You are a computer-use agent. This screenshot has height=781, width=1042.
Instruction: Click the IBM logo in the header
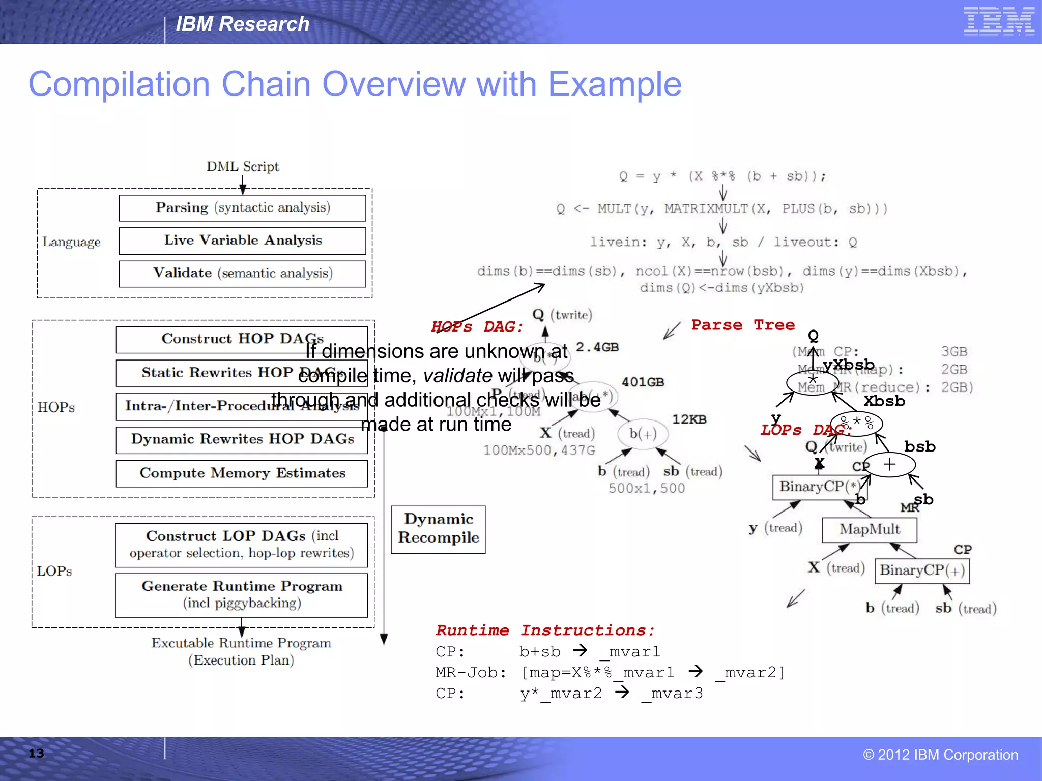pyautogui.click(x=998, y=21)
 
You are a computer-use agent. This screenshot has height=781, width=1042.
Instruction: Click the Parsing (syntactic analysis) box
pyautogui.click(x=242, y=208)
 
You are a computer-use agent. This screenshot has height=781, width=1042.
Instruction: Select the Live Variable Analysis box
pyautogui.click(x=242, y=241)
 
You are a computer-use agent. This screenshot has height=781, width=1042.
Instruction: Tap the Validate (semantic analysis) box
pyautogui.click(x=242, y=274)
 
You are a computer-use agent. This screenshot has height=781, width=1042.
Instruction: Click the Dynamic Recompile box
pyautogui.click(x=438, y=529)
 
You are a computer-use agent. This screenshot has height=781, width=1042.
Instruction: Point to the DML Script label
pyautogui.click(x=243, y=167)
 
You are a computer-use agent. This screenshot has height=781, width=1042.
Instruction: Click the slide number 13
pyautogui.click(x=36, y=754)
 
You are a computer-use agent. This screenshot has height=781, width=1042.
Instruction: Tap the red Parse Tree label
pyautogui.click(x=742, y=325)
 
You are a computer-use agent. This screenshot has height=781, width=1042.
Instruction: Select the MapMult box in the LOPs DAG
pyautogui.click(x=870, y=530)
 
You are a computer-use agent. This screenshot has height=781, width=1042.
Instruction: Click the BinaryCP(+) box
pyautogui.click(x=922, y=570)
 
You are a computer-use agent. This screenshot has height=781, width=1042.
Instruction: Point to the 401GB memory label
pyautogui.click(x=643, y=382)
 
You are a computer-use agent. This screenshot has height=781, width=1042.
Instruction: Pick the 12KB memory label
pyautogui.click(x=689, y=419)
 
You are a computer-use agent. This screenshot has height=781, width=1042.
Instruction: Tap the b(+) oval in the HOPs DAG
pyautogui.click(x=643, y=434)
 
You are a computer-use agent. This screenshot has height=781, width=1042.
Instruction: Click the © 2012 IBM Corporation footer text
pyautogui.click(x=940, y=755)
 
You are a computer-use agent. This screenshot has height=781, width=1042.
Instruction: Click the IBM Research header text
pyautogui.click(x=242, y=24)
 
